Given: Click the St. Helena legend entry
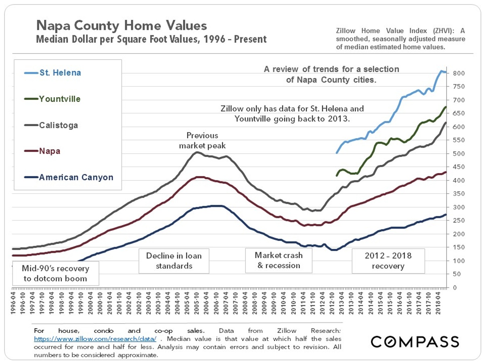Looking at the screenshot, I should coord(60,73).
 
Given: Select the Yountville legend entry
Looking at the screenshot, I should coord(59,99).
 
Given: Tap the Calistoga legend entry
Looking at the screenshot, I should coord(59,125).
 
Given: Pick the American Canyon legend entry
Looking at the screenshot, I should coord(76,177).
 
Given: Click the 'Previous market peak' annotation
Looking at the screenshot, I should coord(202,140).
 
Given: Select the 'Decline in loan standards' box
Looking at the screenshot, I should coord(174,260).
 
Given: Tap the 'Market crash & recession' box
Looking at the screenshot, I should coord(279,260).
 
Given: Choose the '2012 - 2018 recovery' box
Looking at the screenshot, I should coord(388,260).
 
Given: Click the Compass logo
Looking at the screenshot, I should coord(415,341).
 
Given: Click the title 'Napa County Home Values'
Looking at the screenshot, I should coord(122,26).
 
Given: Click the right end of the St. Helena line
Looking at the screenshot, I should coord(445,72).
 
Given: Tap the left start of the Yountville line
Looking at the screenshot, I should coord(337,175).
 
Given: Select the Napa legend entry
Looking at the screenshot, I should coord(50,151).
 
